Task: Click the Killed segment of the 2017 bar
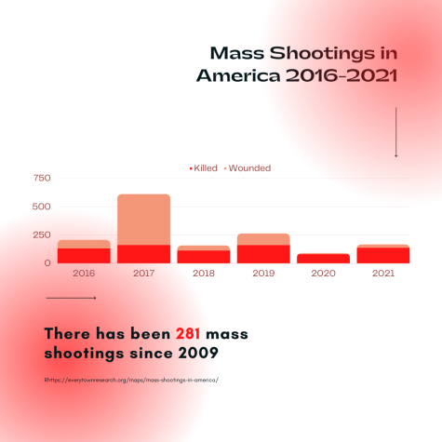(143, 254)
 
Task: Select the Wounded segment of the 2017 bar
(143, 220)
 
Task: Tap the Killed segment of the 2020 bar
(323, 259)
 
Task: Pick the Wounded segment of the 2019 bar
(263, 239)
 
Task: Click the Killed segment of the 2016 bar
(84, 256)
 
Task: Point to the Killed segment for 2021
(383, 256)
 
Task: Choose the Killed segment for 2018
(204, 257)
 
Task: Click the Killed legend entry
(204, 168)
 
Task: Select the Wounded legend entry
(248, 168)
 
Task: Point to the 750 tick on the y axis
(42, 178)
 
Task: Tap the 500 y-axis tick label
(42, 207)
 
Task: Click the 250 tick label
(42, 234)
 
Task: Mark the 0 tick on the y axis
(47, 263)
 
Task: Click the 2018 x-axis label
(204, 274)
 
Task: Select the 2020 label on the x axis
(323, 274)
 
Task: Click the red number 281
(188, 334)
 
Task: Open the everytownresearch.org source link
(131, 380)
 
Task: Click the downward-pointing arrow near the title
(395, 132)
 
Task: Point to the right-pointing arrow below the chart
(71, 298)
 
